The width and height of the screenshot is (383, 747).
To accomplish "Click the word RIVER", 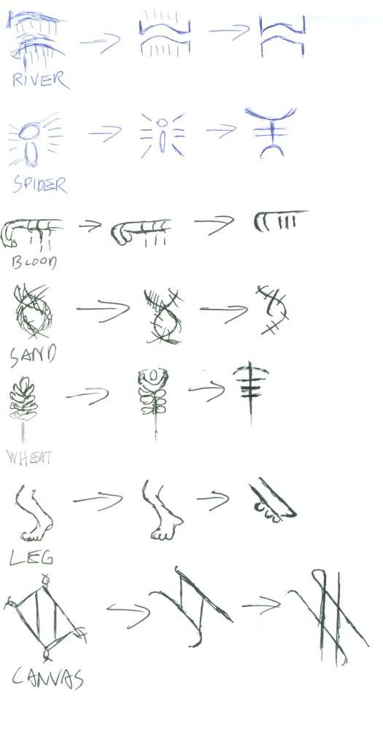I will click(40, 79).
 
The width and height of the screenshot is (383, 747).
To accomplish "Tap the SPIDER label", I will click(39, 184).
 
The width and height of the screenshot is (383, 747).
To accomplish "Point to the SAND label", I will click(33, 356).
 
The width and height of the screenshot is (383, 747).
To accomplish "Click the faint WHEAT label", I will click(30, 458).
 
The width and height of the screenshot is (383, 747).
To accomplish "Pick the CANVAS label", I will click(47, 679).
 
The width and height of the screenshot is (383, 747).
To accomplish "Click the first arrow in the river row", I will click(100, 42).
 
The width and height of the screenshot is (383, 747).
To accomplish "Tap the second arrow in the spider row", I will click(221, 131).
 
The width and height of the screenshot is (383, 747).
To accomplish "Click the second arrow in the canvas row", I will click(261, 605).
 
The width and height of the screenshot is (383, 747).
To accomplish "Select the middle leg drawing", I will click(161, 511).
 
